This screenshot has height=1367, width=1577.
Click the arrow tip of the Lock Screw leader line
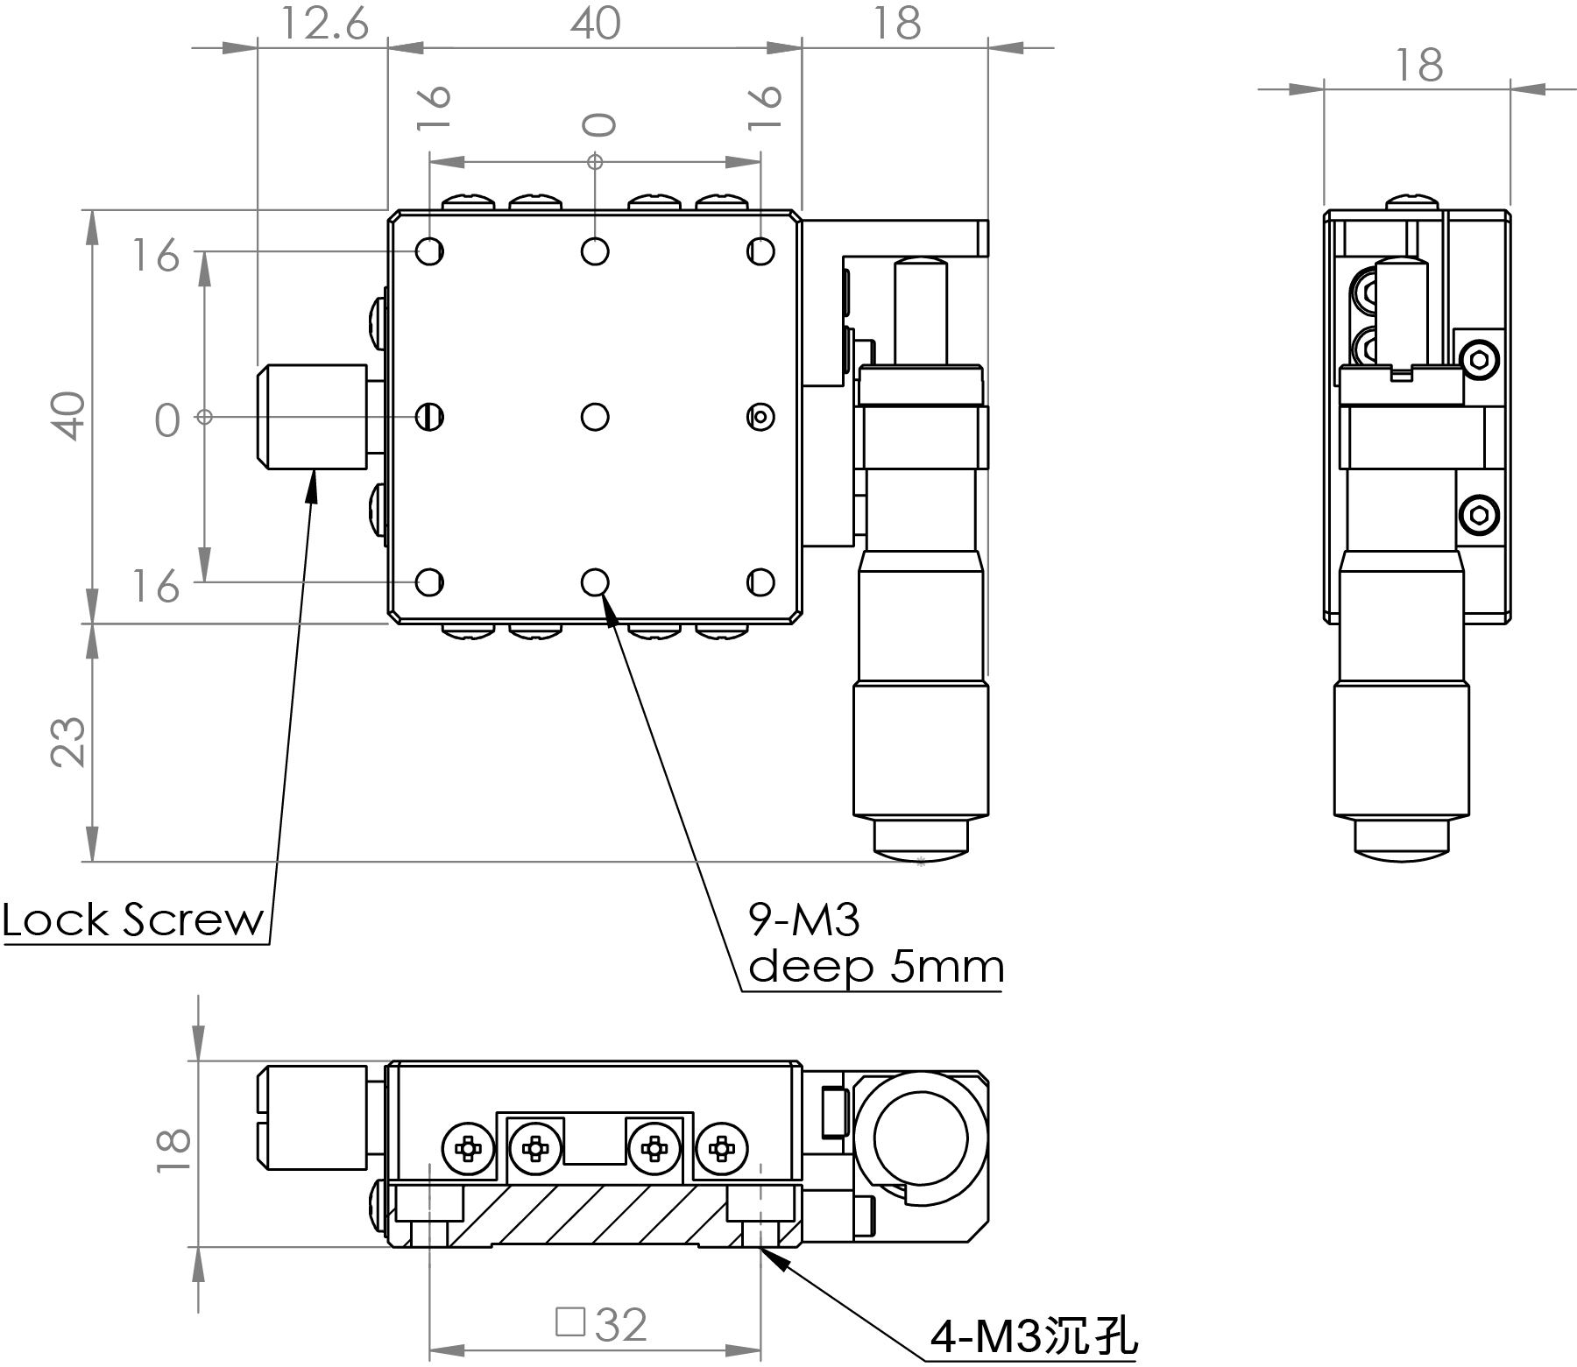[313, 470]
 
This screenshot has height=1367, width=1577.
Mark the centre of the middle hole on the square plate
[595, 417]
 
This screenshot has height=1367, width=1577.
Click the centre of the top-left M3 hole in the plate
[429, 252]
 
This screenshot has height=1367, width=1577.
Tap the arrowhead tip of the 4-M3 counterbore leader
[761, 1248]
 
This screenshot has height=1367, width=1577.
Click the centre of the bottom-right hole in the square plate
[760, 581]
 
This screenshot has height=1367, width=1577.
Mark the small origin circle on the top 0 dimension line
[595, 161]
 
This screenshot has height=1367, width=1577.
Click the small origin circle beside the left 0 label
[204, 417]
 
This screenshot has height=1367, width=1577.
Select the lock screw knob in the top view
[312, 417]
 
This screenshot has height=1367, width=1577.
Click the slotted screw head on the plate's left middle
[429, 417]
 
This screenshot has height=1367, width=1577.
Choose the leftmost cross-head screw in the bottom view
[469, 1147]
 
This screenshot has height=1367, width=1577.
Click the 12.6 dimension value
[323, 24]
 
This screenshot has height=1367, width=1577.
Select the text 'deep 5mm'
[876, 967]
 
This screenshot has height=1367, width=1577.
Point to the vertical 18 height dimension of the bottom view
[173, 1149]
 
